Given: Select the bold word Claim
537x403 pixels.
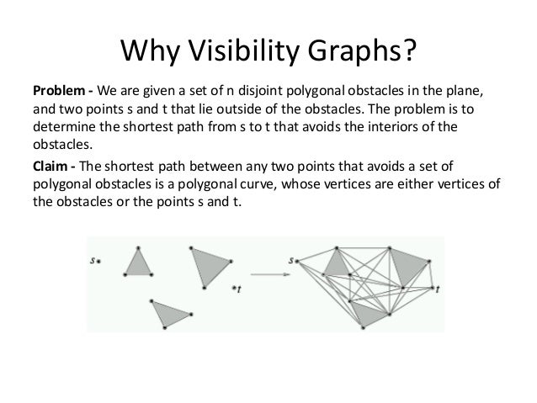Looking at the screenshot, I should tap(49, 165).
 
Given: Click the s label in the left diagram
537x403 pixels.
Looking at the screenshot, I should tap(93, 261).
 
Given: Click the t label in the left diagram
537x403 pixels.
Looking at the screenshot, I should tap(237, 289).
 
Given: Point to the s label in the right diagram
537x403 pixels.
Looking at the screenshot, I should tap(290, 261).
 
